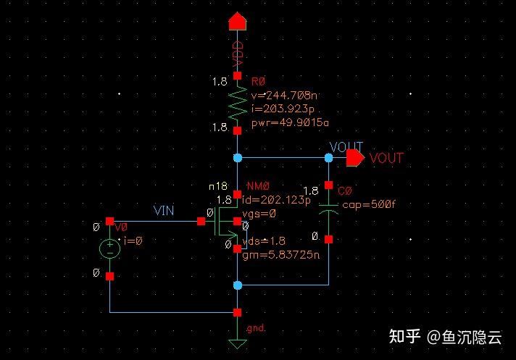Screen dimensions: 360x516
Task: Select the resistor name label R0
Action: pos(258,81)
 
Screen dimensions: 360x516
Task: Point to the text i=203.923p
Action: pos(283,109)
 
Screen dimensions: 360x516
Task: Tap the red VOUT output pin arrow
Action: pos(355,157)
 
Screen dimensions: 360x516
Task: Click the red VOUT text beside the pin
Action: pos(386,158)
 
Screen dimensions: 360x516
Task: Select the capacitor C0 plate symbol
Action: pos(328,211)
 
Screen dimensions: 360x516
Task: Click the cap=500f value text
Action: pos(369,204)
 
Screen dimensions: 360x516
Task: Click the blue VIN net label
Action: pos(165,210)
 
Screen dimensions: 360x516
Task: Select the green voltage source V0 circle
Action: pos(109,248)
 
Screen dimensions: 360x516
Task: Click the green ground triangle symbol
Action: pos(238,343)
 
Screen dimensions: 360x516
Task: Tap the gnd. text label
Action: pos(256,328)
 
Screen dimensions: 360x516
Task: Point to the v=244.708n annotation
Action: pos(282,95)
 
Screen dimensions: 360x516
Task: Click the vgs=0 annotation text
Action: pos(264,214)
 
